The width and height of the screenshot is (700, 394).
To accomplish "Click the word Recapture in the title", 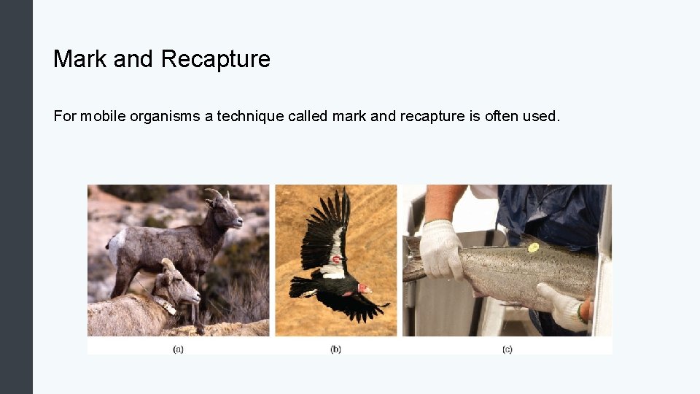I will pos(215,59).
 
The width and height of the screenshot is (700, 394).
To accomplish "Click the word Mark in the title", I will pos(80,59).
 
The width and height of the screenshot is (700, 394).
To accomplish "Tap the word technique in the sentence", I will pos(252,116).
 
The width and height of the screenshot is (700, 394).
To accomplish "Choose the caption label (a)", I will pos(178,349).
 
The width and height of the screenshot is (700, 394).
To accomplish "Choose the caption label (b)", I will pos(335,349).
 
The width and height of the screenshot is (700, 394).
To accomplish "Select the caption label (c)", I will pos(507,349).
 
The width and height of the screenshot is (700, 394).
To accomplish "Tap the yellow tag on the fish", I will pos(533,247).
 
